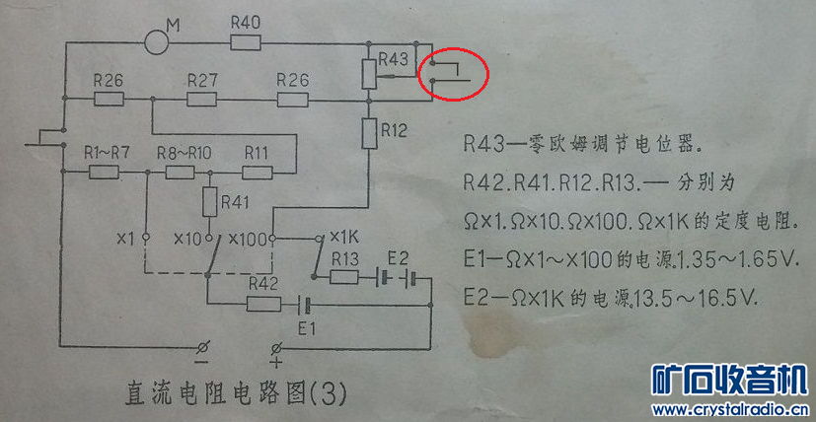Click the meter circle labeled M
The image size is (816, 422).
156,42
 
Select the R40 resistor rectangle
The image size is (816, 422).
244,42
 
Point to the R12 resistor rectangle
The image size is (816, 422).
369,132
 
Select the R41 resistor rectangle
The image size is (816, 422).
209,203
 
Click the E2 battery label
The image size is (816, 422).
398,256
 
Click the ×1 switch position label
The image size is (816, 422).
125,238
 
